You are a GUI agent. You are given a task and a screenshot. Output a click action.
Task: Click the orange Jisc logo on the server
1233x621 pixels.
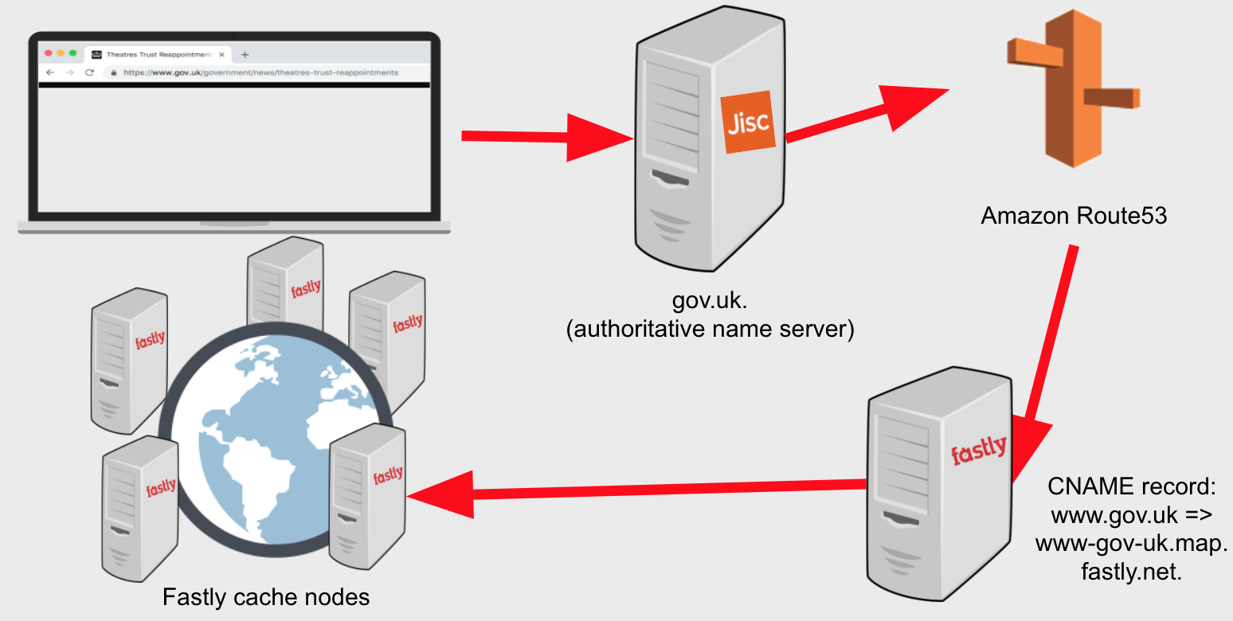[748, 122]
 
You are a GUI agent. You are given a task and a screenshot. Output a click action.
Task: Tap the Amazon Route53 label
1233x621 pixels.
[1074, 215]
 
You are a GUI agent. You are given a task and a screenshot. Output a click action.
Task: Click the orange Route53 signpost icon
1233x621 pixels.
[1074, 88]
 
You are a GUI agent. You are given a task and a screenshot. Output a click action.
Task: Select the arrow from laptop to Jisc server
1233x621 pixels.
[547, 138]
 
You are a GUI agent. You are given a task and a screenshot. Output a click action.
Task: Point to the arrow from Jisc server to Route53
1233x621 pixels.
[867, 113]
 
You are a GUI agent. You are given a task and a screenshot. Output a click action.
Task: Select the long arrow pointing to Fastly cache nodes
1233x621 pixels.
[636, 491]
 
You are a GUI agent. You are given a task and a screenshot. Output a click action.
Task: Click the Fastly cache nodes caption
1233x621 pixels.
[266, 597]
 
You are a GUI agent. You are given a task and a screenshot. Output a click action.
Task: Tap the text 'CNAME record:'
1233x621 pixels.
[1131, 486]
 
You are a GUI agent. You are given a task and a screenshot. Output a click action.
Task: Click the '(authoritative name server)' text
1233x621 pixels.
[710, 329]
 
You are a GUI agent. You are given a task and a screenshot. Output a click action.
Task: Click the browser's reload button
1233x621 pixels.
[90, 72]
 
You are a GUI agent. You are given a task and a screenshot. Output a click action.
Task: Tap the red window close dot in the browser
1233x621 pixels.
[49, 53]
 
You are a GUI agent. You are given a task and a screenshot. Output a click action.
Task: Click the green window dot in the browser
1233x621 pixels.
[72, 53]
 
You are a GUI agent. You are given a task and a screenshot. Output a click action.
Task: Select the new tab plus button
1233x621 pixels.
[245, 54]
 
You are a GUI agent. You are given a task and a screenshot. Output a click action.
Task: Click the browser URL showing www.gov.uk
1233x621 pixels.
[260, 72]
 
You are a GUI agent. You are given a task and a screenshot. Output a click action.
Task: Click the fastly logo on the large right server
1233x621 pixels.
[979, 450]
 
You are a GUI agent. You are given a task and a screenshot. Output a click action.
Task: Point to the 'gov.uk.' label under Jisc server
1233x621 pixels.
[710, 300]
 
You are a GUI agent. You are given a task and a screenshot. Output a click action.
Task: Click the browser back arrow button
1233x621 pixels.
[50, 72]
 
